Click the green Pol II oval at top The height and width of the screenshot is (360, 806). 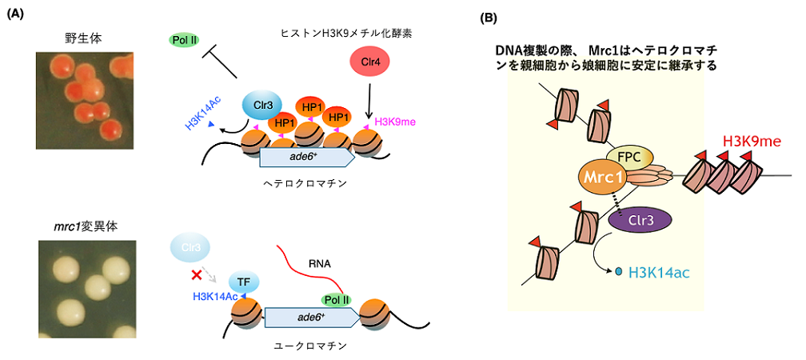(x=185, y=39)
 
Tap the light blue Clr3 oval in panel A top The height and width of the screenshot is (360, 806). (x=262, y=105)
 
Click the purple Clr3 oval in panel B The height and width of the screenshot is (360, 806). (x=638, y=218)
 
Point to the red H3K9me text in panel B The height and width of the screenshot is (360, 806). (x=751, y=142)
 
